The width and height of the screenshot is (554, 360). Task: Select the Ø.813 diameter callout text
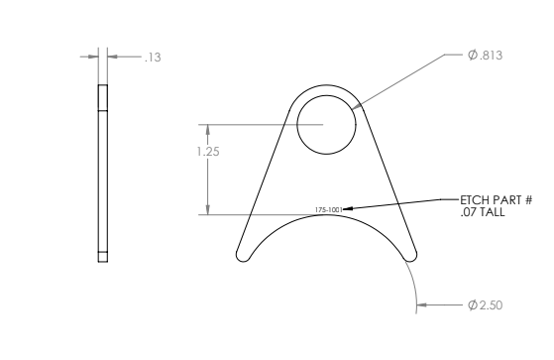point(485,55)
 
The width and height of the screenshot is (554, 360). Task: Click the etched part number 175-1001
point(328,210)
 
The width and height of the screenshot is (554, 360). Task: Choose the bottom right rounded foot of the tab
point(409,254)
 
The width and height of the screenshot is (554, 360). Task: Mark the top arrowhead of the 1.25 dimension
point(207,128)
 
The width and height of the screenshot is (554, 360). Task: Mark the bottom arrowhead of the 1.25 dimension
point(207,210)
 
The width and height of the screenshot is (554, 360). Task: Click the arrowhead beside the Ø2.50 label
point(423,304)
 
